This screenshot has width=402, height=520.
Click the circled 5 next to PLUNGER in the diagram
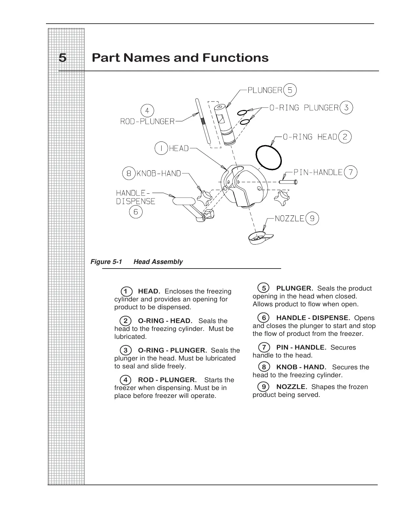point(290,90)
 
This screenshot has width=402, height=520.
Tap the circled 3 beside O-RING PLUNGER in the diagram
point(346,108)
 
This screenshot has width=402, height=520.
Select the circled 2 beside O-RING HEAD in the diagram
point(345,137)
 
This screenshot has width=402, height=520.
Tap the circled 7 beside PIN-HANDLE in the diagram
point(351,172)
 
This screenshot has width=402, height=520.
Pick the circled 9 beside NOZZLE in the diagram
point(312,219)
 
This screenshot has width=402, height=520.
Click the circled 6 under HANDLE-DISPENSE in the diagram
point(136,212)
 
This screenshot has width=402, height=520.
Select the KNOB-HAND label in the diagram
point(159,173)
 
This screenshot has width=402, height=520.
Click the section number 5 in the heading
point(62,58)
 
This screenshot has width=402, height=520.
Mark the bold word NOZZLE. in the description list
point(292,387)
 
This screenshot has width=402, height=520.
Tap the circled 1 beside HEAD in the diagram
point(161,148)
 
